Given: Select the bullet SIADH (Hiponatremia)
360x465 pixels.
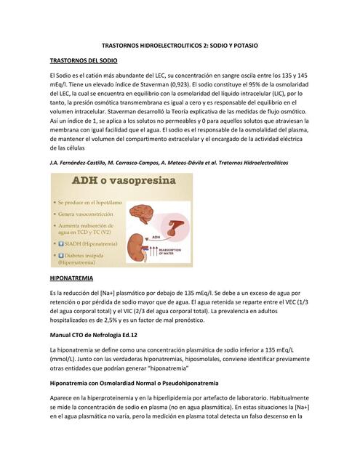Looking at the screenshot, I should (x=92, y=245).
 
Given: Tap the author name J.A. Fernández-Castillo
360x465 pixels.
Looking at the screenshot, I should (x=79, y=163).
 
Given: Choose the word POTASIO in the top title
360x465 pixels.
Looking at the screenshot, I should (x=242, y=45).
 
